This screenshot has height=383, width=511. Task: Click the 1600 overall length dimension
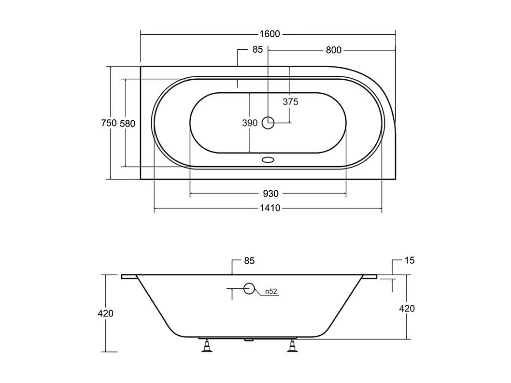point(270,34)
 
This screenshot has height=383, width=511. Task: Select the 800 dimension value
point(333,50)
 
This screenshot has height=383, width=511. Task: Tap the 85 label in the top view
point(257,50)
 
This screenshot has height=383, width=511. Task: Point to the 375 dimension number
point(290,102)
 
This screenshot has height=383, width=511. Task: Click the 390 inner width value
point(250,123)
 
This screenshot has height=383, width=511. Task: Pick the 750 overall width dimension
point(109,123)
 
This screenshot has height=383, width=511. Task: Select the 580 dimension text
point(127,123)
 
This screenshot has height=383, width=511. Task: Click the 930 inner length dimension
point(270,194)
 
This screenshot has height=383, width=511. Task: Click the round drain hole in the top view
point(268,123)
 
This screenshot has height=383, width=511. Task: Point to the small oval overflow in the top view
point(268,159)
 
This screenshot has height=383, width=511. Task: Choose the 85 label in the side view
point(249,261)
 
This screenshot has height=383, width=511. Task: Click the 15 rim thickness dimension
point(410,261)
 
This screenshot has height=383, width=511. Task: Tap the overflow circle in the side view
point(249,289)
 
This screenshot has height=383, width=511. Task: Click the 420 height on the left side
point(105,313)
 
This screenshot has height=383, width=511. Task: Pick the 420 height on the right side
point(407,308)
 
